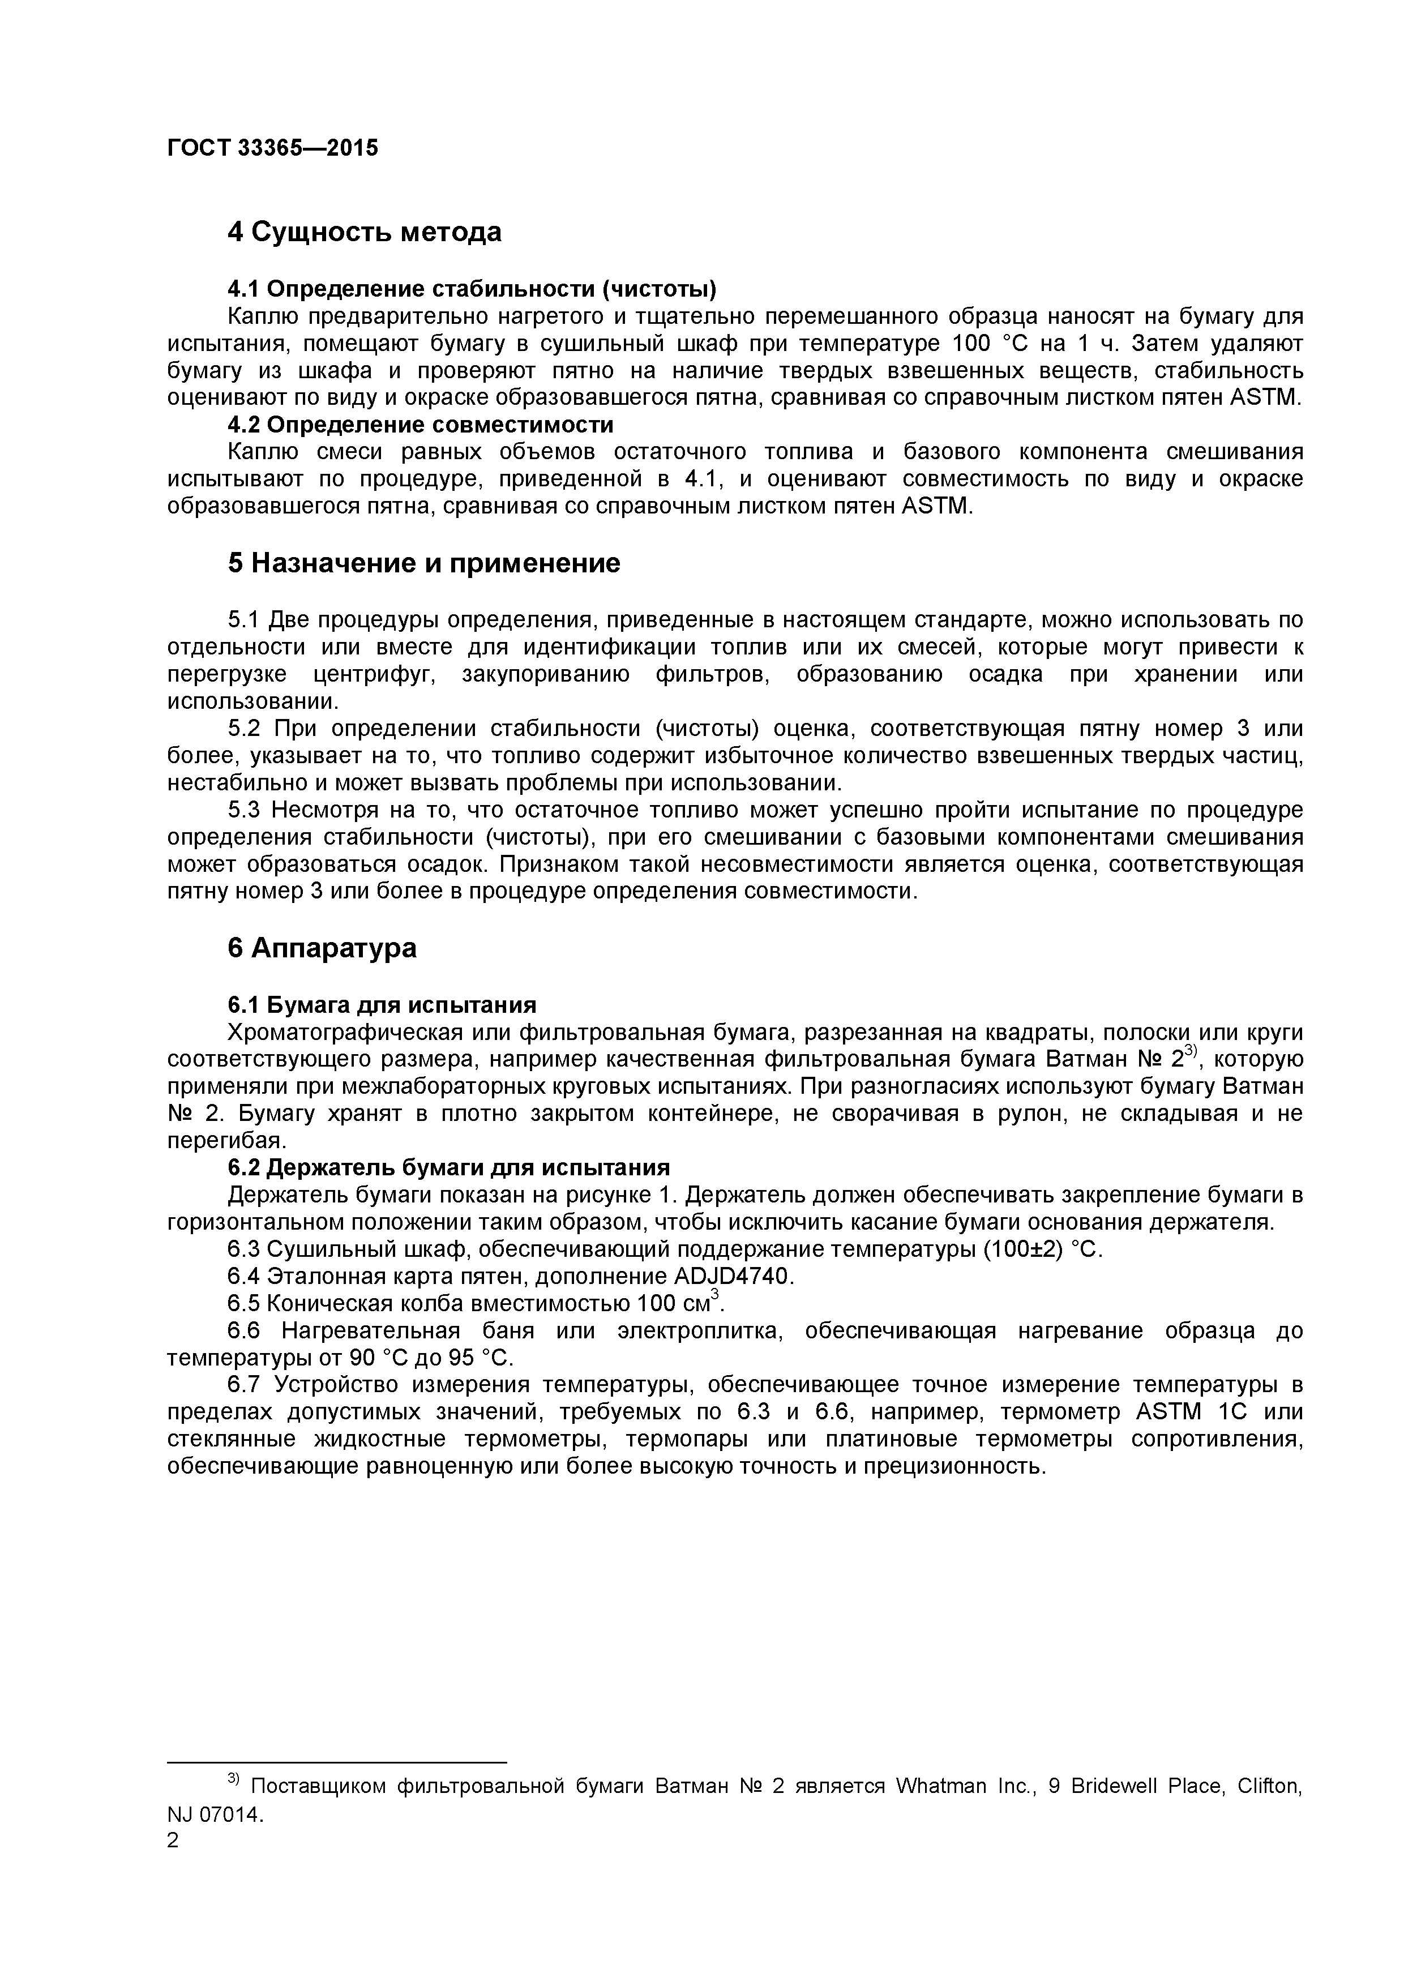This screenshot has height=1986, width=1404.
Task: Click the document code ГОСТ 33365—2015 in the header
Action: [272, 148]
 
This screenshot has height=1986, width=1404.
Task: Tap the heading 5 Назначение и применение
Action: [424, 563]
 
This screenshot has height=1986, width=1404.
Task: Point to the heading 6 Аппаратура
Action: [322, 948]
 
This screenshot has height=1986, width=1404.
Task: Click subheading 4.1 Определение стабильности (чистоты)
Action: [472, 289]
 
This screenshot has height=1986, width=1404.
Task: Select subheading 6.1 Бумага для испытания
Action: [382, 1005]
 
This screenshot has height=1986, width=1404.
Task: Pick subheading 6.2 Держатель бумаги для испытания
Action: [449, 1168]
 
